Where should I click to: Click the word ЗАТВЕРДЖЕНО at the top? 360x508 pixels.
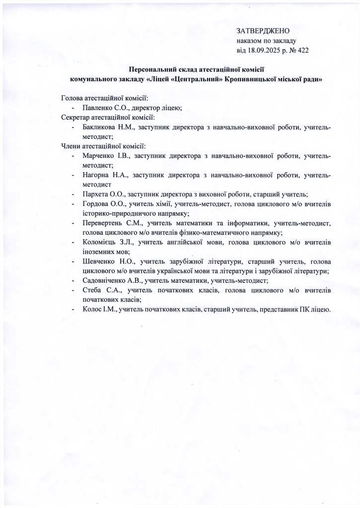(263, 31)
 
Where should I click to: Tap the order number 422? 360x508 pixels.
(303, 50)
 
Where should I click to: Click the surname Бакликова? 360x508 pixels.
(100, 127)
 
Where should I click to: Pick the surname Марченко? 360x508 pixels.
(99, 156)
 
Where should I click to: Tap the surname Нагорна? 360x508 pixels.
(98, 175)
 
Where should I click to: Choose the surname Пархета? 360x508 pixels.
(97, 194)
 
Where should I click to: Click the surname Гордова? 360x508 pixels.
(97, 204)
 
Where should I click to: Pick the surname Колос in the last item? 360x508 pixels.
(93, 309)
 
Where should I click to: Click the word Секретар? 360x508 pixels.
(75, 118)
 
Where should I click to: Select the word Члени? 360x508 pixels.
(71, 146)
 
